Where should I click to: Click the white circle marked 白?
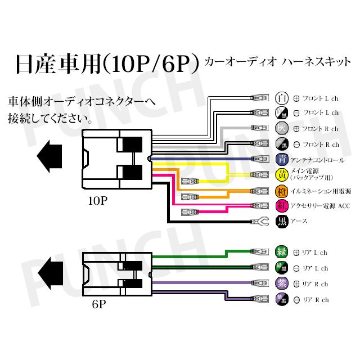(x=282, y=97)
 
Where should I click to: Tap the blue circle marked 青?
(x=282, y=160)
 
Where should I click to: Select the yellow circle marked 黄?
(x=282, y=175)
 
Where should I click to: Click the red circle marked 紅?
(x=282, y=205)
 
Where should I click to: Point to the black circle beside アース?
(x=282, y=221)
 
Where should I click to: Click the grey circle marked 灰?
(x=282, y=128)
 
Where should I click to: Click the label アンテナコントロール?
(x=317, y=160)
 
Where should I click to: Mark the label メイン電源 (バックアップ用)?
(x=313, y=175)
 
